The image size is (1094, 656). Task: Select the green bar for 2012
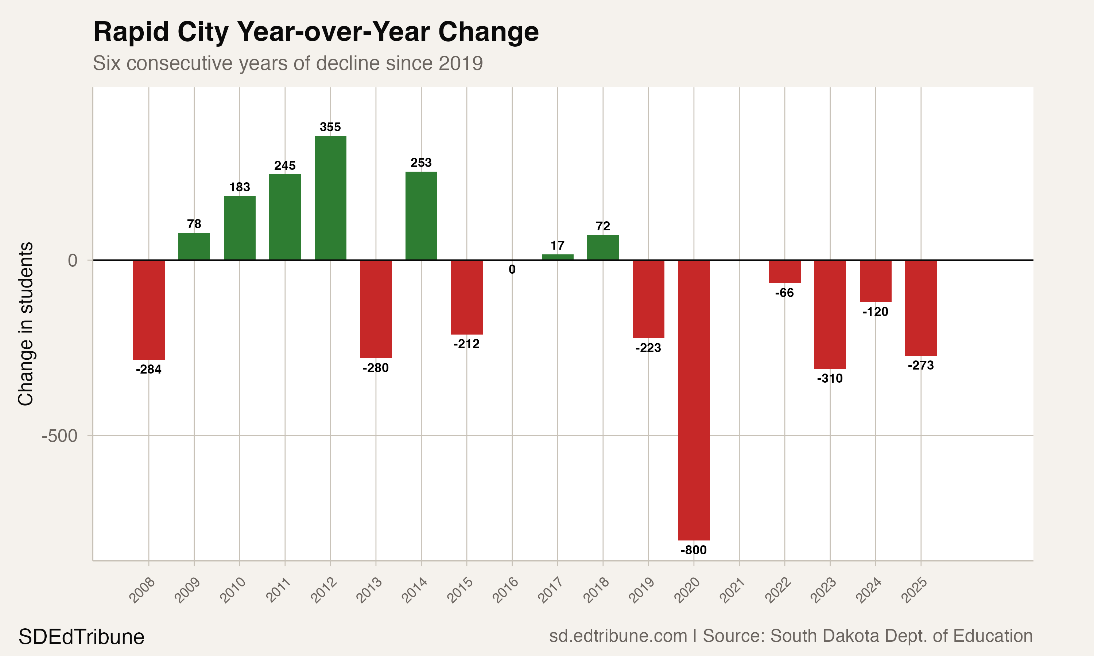[330, 198]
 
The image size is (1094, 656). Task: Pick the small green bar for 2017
[557, 257]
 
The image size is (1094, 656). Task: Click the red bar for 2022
[784, 272]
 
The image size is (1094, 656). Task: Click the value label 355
[330, 127]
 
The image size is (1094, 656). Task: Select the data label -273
[921, 365]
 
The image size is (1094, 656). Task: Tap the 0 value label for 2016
[512, 269]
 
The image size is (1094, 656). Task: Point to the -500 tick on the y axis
[60, 436]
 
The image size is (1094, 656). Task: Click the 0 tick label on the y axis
[73, 260]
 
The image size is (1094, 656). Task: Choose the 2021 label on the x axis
[732, 590]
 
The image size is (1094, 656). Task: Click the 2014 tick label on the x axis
[414, 590]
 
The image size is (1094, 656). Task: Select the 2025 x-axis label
[914, 590]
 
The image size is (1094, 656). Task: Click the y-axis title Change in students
[26, 324]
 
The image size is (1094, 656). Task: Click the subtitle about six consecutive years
[287, 63]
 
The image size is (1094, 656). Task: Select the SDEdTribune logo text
[81, 637]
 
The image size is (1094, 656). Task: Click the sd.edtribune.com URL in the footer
[618, 636]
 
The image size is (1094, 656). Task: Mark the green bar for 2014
[421, 216]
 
